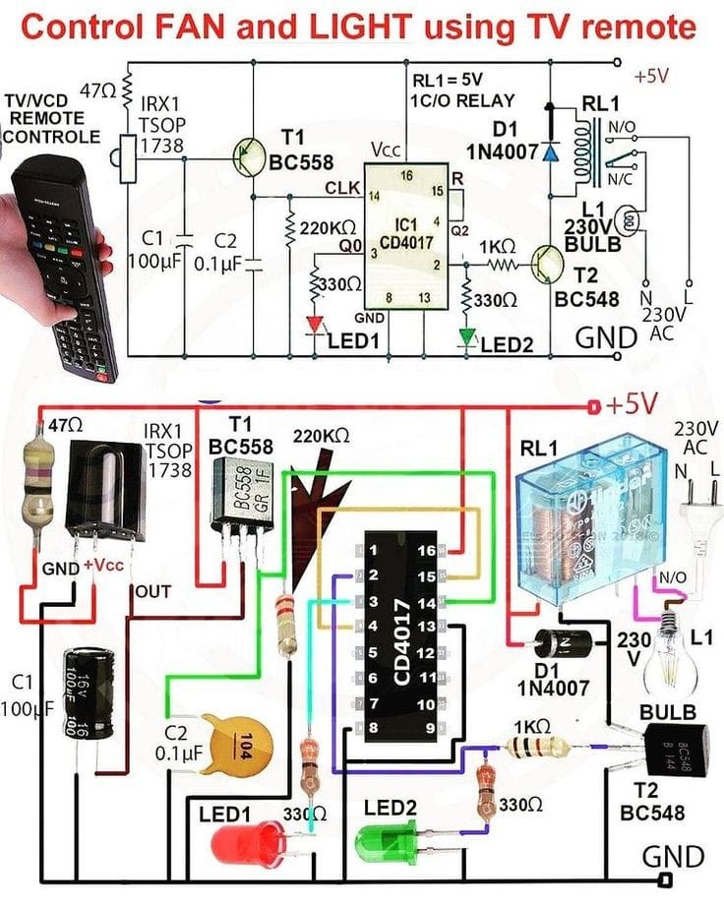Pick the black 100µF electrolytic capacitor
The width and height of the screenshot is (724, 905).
(87, 694)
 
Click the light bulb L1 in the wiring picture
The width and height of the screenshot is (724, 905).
(672, 654)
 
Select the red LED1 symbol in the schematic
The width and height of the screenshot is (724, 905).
(316, 324)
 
